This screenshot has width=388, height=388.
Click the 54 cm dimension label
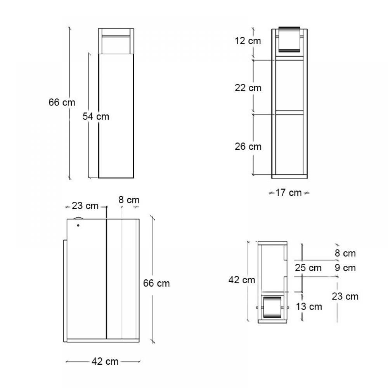pos(96,116)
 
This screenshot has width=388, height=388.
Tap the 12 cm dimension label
pos(248,41)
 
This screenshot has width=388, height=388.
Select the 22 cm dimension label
pos(248,88)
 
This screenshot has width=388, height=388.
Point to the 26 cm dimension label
pos(248,147)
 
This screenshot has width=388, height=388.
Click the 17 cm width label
pos(289,192)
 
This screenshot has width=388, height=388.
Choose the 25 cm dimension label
pos(308,267)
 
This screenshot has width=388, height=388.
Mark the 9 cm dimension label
pos(345,267)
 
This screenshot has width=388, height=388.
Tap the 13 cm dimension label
pos(309,307)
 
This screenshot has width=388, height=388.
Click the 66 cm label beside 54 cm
pos(62,102)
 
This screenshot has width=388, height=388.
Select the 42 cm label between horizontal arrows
pos(105,361)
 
